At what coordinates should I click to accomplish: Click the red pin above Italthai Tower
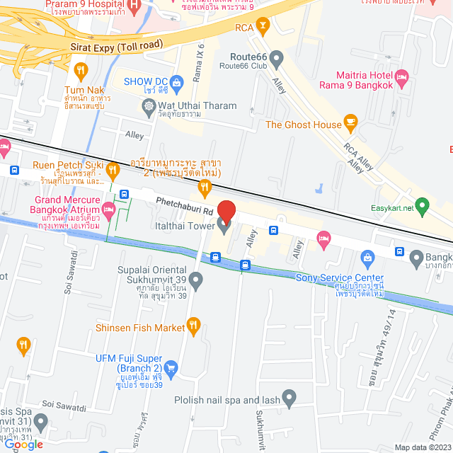226,211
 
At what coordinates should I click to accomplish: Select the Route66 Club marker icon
277,57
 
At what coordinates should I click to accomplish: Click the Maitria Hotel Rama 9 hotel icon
403,76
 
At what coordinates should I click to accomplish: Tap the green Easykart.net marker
423,207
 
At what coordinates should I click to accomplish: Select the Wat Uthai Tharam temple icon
149,108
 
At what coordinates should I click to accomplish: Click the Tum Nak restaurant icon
80,70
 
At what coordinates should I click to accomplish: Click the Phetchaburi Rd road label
184,206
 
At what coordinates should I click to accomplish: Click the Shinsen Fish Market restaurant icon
192,326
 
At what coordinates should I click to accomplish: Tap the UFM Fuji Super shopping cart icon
171,367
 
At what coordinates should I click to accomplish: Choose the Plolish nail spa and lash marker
289,398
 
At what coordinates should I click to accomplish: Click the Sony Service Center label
340,278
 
